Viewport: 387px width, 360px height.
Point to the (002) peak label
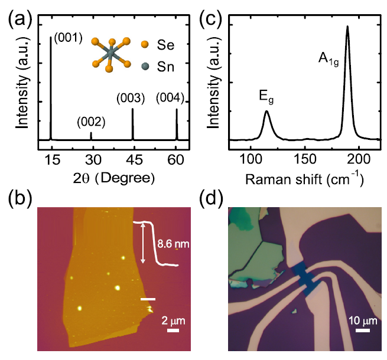(91, 122)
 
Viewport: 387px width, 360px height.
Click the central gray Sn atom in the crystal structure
(109, 54)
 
